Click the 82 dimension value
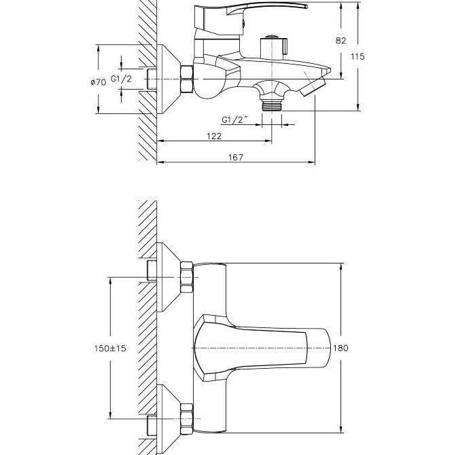341,41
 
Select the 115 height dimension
357,56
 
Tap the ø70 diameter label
99,82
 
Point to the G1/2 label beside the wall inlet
121,79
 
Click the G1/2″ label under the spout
234,120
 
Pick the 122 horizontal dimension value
214,136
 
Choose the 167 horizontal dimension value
236,157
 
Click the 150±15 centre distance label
110,348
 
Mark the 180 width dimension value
340,348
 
